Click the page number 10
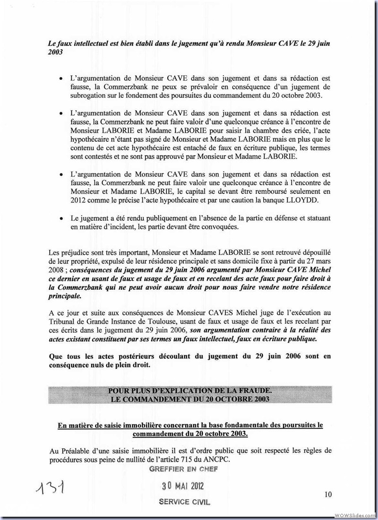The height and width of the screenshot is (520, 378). (328, 494)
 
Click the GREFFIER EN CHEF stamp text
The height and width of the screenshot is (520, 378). (183, 469)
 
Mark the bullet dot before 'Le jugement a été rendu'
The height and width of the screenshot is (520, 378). (61, 218)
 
